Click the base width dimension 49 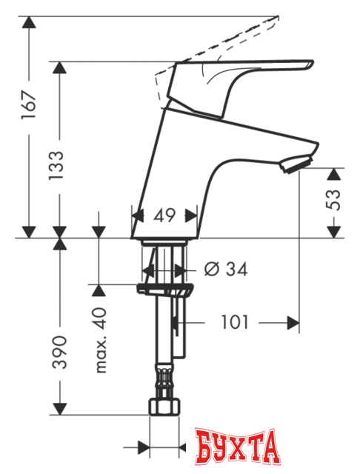[165, 216]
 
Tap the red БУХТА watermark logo [239, 450]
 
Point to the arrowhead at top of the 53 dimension [335, 173]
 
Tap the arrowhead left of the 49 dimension [136, 216]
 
